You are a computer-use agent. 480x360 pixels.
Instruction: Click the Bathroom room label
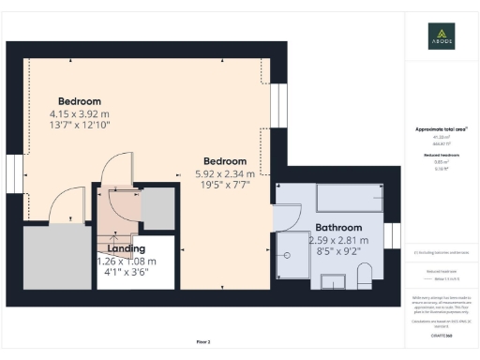tap(338, 227)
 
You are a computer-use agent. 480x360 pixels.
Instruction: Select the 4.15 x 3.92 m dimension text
tap(80, 113)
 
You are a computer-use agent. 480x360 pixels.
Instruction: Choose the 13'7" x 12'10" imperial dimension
tap(80, 125)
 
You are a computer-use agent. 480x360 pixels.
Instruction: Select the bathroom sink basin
tap(333, 281)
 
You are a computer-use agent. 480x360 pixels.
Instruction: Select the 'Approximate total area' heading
tap(435, 129)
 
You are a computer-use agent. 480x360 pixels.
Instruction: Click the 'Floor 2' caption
tap(202, 340)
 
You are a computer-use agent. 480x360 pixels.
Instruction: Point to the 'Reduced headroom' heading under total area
tap(434, 155)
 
